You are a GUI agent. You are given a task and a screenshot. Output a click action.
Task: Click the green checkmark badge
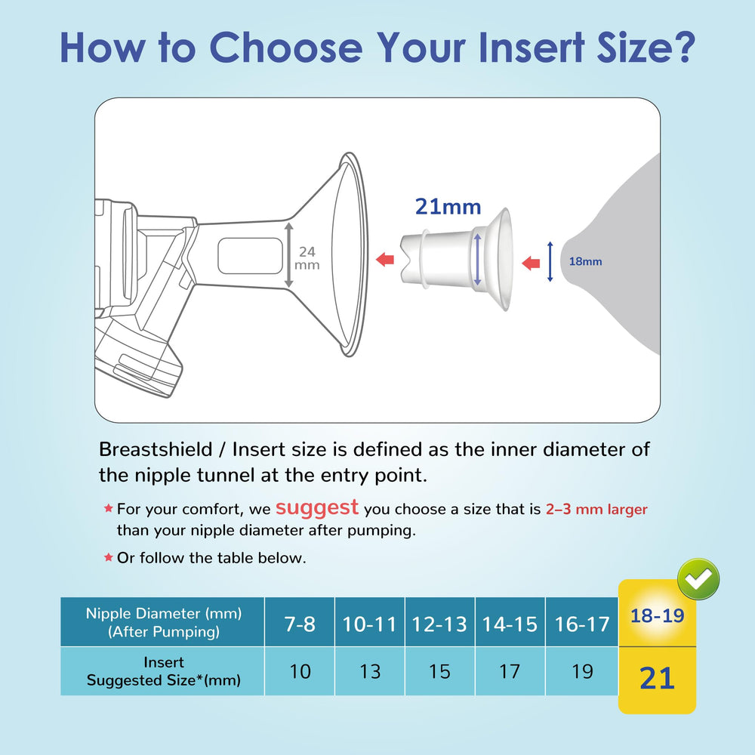[698, 580]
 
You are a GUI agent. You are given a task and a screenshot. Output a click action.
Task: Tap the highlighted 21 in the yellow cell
[657, 678]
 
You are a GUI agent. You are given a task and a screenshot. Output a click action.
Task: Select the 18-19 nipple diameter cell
[657, 615]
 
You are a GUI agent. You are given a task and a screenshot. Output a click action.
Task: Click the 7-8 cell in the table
[300, 624]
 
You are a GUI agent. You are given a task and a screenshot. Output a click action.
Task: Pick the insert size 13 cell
[370, 671]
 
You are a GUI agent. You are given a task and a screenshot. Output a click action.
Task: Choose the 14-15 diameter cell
[510, 624]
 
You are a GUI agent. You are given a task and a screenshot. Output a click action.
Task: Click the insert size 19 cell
[582, 671]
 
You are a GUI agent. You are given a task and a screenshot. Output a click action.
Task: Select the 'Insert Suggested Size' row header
[163, 671]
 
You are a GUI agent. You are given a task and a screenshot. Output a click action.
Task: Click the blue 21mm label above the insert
[448, 206]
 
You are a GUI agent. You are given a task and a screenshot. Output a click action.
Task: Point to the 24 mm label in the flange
[307, 258]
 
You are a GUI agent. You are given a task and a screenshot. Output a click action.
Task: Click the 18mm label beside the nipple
[586, 262]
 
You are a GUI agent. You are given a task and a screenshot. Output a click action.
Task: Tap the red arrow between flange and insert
[385, 260]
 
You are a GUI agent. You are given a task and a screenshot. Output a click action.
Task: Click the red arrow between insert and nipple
[532, 263]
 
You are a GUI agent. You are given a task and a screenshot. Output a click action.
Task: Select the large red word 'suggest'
[316, 507]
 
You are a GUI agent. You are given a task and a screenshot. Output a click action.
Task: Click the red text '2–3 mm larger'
[596, 510]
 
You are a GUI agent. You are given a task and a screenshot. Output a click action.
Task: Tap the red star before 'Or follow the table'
[108, 558]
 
